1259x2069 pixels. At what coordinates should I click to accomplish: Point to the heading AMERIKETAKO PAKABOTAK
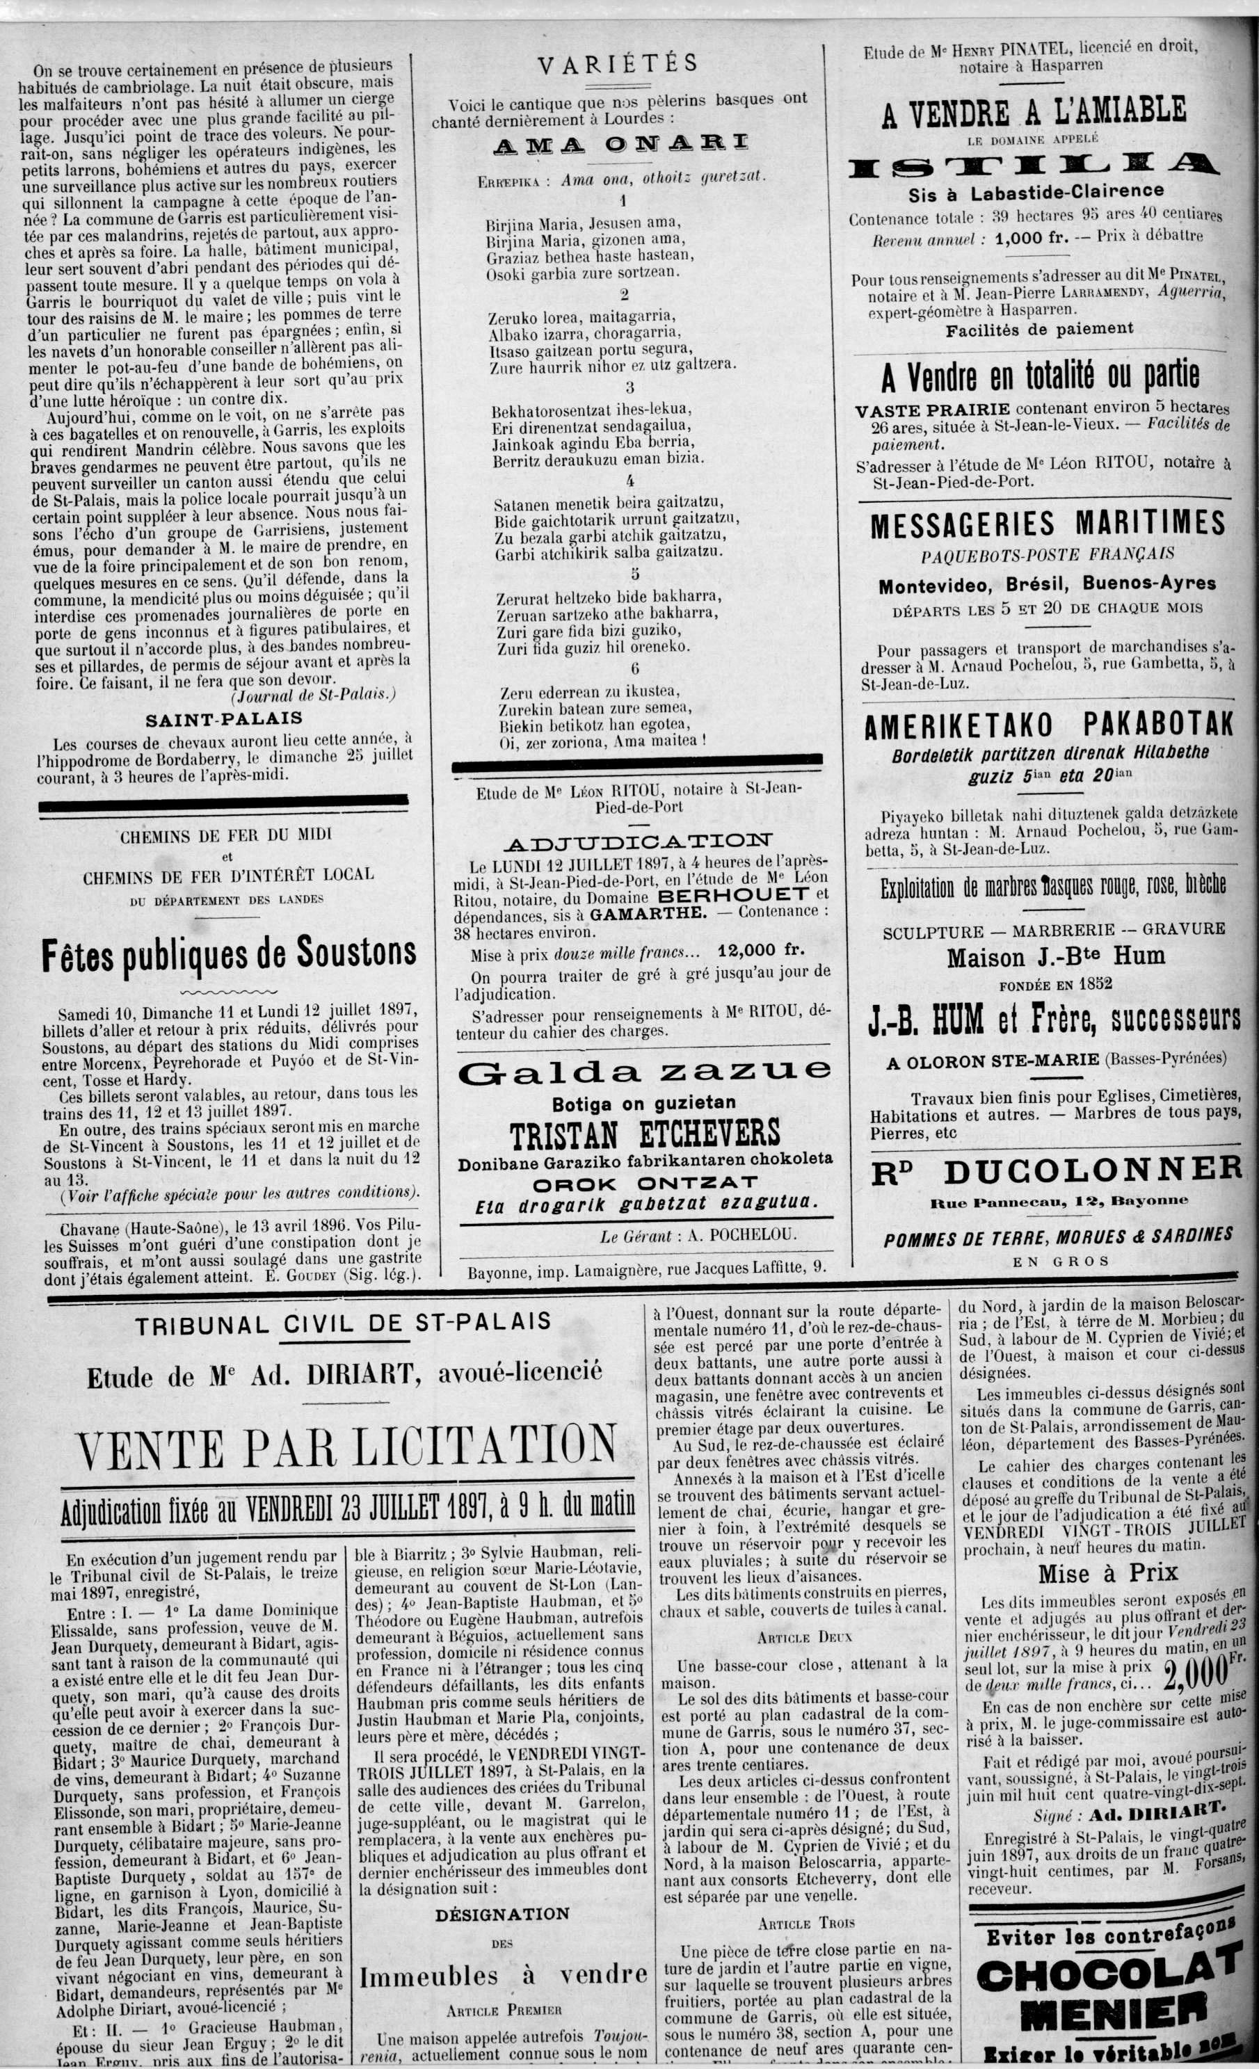point(1048,725)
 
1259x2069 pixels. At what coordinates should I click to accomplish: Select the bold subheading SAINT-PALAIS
point(223,720)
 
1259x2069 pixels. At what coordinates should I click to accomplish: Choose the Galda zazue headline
point(644,1070)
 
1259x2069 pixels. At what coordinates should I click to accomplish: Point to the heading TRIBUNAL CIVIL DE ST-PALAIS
point(343,1324)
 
